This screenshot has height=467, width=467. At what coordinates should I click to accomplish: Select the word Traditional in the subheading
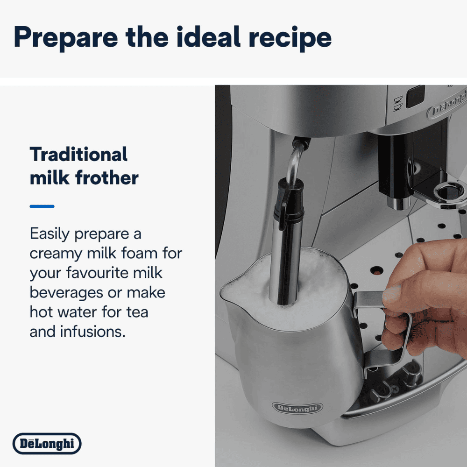point(78,154)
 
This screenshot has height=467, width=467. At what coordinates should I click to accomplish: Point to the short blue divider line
point(42,206)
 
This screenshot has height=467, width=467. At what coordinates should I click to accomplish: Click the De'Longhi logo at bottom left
point(47,443)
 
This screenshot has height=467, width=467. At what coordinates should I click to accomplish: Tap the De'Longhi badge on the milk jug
point(297,408)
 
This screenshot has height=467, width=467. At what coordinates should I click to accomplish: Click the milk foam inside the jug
point(318,280)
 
